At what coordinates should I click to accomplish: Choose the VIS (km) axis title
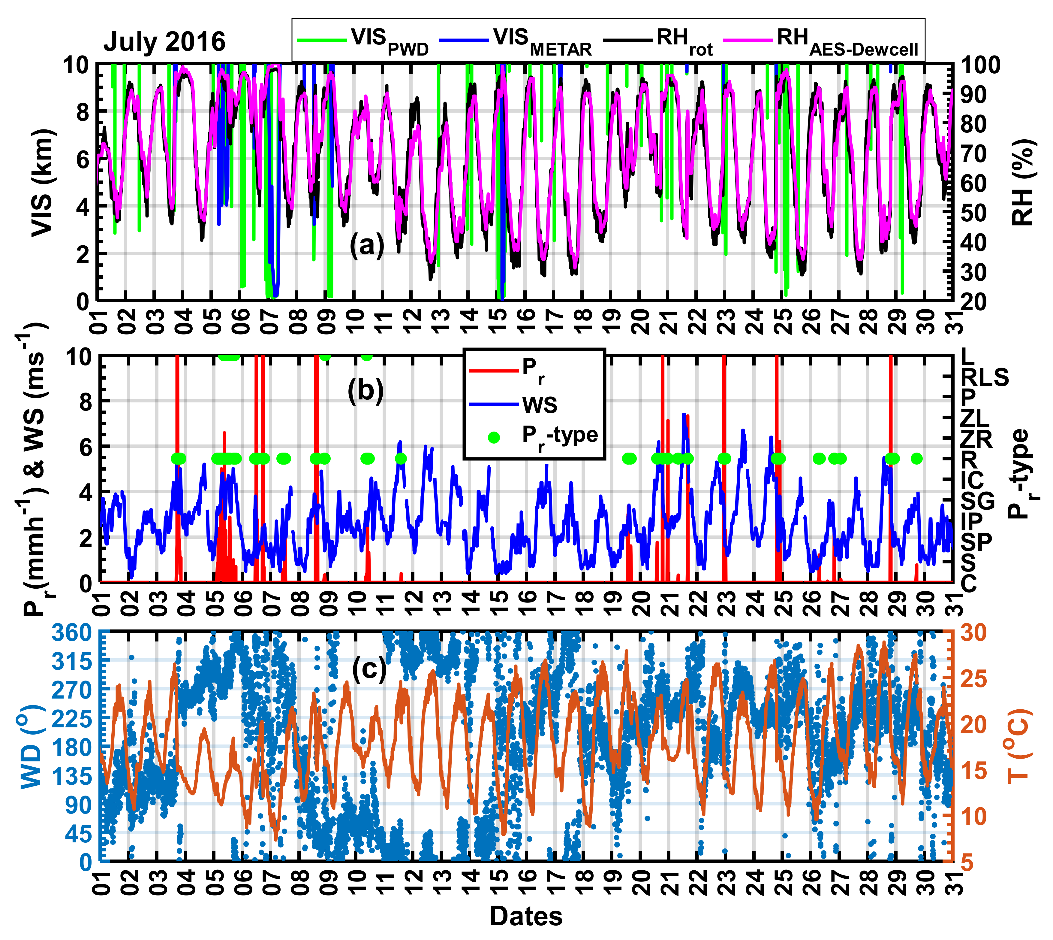click(x=42, y=183)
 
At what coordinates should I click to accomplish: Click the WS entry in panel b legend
click(x=540, y=405)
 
